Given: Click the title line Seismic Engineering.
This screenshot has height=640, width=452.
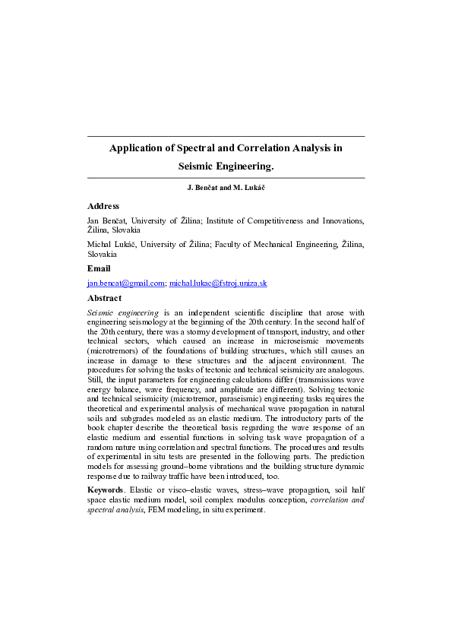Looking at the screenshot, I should tap(226, 165).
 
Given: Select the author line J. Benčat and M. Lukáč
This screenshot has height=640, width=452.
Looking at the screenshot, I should tap(226, 187).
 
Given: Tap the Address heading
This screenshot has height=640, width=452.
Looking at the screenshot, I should tap(103, 206).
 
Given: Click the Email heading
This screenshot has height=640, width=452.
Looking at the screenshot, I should tap(99, 268).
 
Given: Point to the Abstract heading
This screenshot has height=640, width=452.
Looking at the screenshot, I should tap(105, 298).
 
